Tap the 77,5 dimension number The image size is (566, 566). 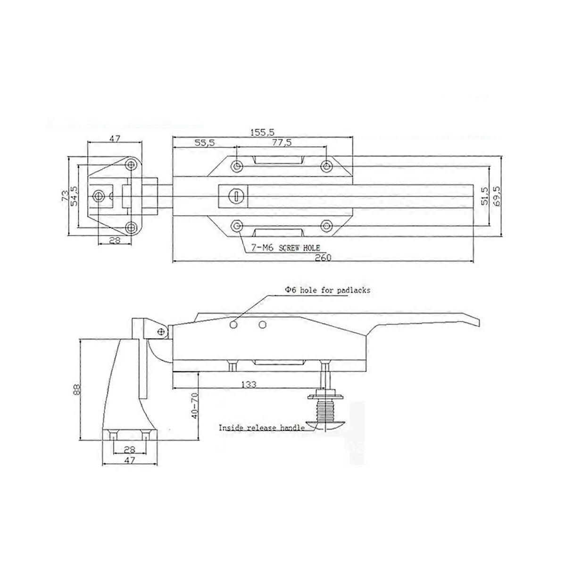coord(282,142)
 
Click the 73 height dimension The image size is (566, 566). coord(65,196)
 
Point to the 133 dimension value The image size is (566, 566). coord(249,384)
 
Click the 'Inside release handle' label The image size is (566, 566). coord(261,428)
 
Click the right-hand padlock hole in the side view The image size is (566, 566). coord(263,325)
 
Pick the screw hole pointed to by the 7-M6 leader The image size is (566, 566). coord(237,225)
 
